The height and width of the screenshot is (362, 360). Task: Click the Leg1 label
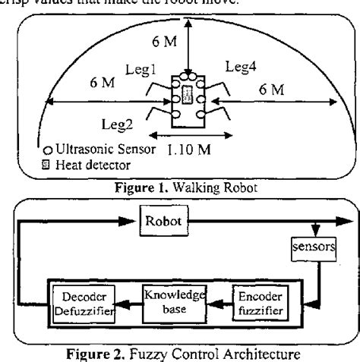(141, 69)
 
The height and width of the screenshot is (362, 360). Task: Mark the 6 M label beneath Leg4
(270, 90)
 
